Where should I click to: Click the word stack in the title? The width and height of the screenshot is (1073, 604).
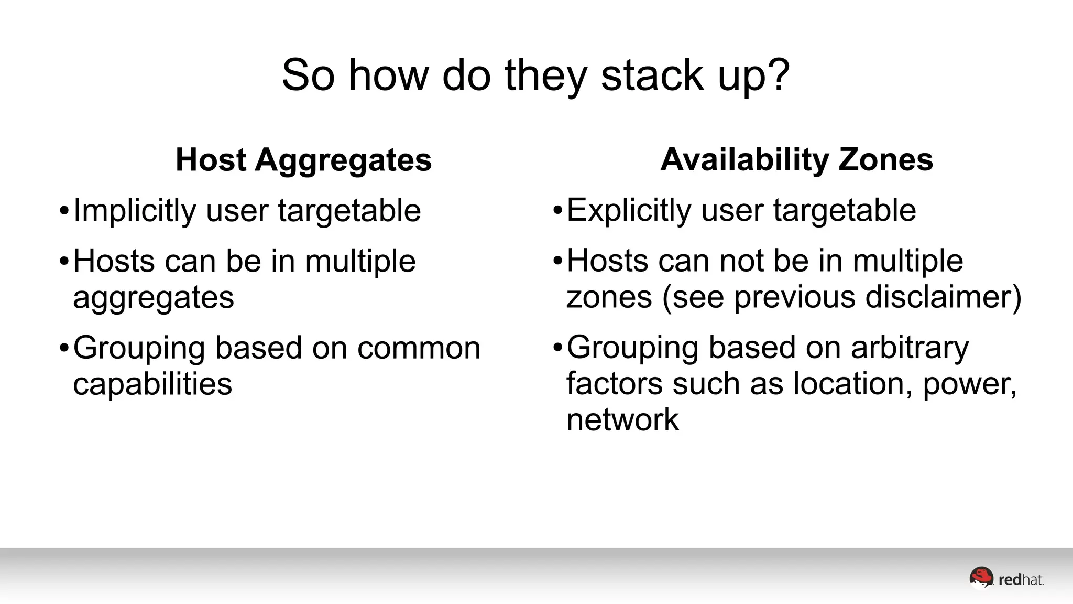coord(652,75)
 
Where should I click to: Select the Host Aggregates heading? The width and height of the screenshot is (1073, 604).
coord(303,159)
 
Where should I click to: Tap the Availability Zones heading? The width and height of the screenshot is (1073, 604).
coord(796,159)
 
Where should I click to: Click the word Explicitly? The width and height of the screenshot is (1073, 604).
coord(628,211)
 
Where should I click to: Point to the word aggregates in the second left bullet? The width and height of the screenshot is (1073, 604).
coord(154,298)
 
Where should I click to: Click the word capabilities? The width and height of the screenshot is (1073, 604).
coord(152,384)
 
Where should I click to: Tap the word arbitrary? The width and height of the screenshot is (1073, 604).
coord(910,348)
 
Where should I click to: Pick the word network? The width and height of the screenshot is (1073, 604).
coord(622,420)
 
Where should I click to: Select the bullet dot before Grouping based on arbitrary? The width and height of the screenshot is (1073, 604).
coord(557,348)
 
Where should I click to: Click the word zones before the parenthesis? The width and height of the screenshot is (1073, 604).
coord(609,297)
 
